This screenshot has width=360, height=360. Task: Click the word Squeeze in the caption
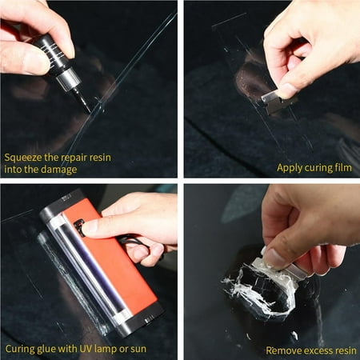[25, 157]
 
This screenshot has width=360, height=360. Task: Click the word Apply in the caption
[291, 167]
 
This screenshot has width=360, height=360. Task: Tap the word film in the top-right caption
[342, 167]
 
